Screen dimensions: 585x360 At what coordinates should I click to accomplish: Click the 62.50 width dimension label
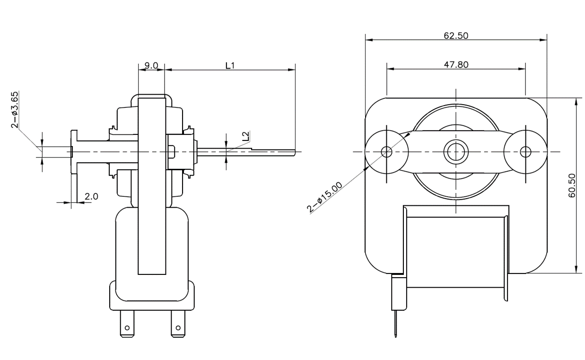(456, 35)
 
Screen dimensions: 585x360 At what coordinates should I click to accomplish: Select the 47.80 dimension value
(456, 64)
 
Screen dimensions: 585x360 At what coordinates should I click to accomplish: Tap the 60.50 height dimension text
(572, 185)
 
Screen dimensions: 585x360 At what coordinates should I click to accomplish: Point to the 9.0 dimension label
(151, 65)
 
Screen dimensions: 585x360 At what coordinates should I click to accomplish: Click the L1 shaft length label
(230, 66)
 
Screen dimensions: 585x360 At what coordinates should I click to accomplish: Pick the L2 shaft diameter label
(245, 136)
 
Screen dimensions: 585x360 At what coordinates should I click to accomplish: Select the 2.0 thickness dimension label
(91, 196)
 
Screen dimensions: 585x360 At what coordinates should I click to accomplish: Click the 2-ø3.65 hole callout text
(15, 110)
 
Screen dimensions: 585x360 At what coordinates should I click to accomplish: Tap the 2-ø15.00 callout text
(324, 197)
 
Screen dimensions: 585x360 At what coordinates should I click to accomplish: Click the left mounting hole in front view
(386, 152)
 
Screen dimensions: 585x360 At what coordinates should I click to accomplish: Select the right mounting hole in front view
(525, 152)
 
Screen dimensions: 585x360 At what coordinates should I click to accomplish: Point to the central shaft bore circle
(456, 152)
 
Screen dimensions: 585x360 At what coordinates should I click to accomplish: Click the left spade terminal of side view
(127, 324)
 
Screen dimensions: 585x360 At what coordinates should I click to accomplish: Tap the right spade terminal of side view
(178, 324)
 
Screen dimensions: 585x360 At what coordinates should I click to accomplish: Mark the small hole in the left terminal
(127, 328)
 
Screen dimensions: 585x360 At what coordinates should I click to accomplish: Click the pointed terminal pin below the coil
(396, 324)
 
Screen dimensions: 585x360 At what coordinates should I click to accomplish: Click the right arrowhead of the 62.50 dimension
(543, 40)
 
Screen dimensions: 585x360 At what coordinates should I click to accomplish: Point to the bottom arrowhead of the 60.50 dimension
(576, 269)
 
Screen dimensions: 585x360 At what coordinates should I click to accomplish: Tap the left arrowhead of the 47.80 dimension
(391, 69)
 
